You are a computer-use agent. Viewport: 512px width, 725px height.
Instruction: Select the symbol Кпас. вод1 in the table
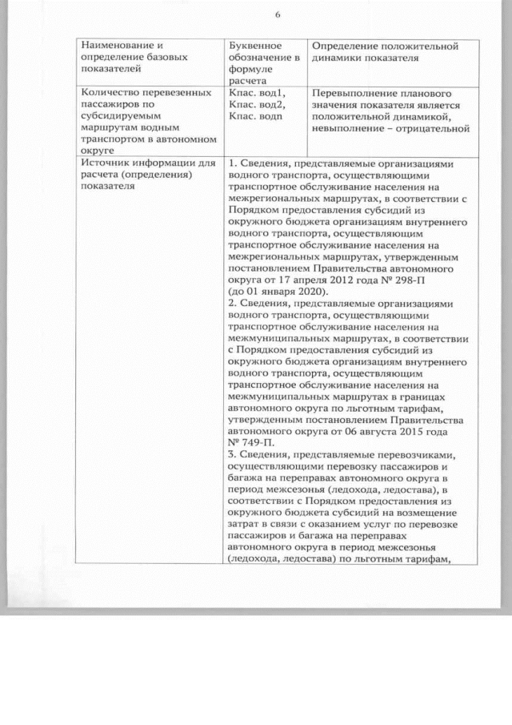click(256, 94)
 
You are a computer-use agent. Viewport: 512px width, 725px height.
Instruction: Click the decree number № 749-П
click(250, 441)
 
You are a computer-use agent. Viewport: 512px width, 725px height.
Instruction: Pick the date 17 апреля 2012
click(306, 280)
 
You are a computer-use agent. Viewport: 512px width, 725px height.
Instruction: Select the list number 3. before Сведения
click(232, 453)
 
